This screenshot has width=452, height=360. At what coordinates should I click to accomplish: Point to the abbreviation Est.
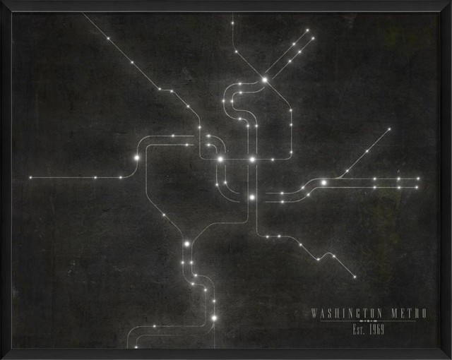coord(359,330)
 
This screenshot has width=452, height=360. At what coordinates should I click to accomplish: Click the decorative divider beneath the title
coord(369,321)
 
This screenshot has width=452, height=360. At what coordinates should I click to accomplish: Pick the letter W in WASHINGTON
coord(315,313)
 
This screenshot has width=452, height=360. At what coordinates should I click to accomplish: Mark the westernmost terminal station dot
coord(30,177)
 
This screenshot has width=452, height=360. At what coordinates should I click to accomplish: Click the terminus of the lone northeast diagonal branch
coord(389,129)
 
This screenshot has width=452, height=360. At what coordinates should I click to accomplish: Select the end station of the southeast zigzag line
coord(355,277)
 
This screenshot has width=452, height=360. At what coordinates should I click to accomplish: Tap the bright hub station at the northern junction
coord(265,80)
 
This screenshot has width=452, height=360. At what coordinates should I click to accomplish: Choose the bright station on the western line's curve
coord(136,158)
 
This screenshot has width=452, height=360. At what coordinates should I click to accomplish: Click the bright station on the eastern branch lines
coord(323,183)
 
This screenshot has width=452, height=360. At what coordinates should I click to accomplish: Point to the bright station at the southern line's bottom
coord(213,318)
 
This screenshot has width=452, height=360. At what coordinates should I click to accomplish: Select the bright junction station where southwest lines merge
coord(187,244)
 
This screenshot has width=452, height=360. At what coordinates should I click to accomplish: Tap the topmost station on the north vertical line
coord(232,23)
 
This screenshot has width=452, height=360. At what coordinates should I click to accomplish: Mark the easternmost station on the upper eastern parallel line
coord(417,179)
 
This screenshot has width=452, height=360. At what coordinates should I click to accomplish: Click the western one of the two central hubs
coord(220,160)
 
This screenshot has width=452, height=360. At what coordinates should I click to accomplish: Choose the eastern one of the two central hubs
coord(251,160)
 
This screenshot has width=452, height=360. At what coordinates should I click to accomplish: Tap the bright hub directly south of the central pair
coord(251,198)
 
